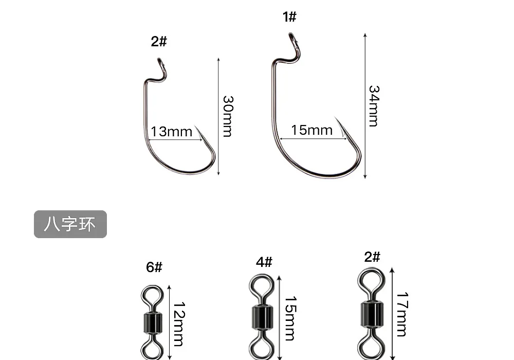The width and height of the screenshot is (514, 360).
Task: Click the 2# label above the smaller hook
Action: (159, 41)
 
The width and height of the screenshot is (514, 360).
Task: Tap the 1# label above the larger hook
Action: (289, 16)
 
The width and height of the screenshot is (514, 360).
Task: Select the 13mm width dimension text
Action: (172, 132)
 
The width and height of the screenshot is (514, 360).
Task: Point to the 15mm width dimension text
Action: (312, 130)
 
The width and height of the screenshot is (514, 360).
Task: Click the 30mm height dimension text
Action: (228, 116)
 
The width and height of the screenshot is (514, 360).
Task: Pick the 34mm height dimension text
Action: (374, 106)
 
